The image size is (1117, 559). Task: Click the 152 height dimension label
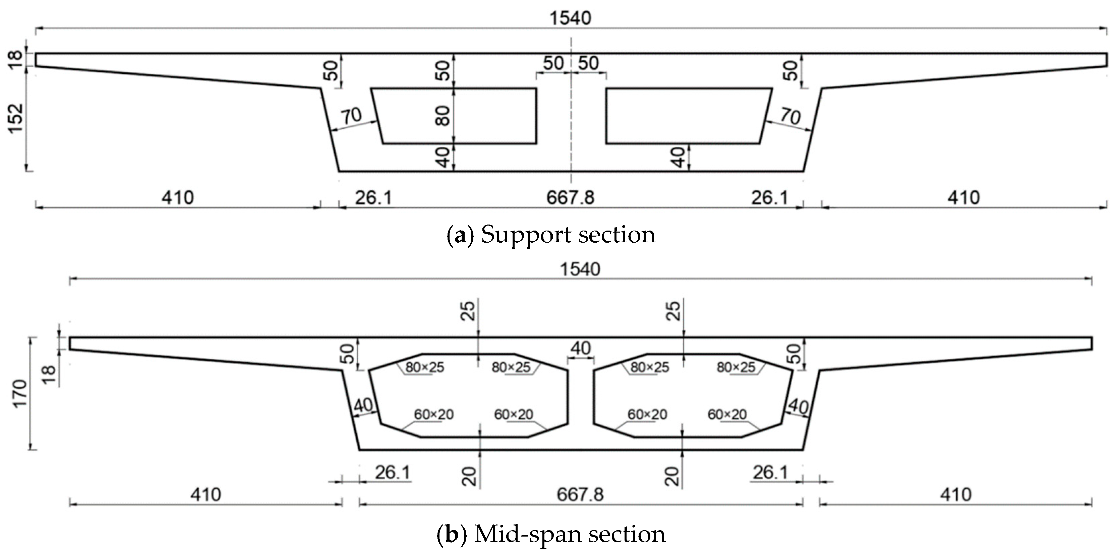[16, 118]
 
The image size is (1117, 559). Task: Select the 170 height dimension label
[20, 393]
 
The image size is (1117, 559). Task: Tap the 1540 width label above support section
[570, 18]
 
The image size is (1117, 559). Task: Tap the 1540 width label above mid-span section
[580, 269]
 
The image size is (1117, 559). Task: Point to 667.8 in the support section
[570, 198]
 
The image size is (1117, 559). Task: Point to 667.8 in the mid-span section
[580, 494]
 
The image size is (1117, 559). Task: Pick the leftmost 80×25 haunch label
[424, 367]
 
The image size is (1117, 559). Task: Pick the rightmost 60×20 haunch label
[727, 414]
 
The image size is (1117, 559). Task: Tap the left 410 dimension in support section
[178, 198]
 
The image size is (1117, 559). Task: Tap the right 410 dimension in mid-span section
[956, 494]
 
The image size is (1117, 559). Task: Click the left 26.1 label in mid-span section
[393, 472]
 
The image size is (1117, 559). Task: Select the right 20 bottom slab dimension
[672, 476]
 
